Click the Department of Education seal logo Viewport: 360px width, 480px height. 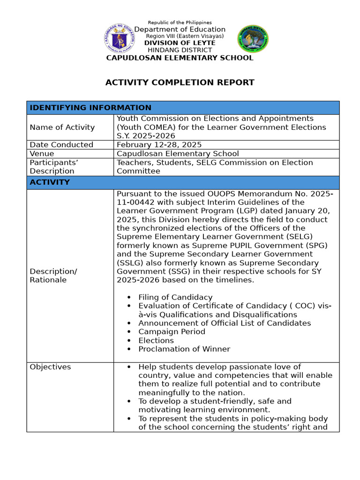119,39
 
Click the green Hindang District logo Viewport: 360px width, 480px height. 253,39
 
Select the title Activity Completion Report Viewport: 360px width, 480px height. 180,83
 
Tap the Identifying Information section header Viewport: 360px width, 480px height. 90,108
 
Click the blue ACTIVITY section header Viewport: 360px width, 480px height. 50,182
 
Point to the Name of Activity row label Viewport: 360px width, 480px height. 62,127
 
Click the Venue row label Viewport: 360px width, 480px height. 42,154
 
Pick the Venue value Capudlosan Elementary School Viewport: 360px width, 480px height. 178,154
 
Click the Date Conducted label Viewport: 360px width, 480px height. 61,145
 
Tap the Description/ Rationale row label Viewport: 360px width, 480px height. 53,276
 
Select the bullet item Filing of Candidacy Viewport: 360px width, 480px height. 175,297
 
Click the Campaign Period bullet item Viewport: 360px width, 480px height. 172,331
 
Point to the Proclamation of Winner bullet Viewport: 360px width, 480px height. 184,349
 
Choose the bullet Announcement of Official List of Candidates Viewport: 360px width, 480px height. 224,323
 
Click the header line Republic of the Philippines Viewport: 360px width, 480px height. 180,22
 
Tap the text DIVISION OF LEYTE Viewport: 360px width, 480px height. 180,43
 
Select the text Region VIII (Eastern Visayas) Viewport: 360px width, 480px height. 185,36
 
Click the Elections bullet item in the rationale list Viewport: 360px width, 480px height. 156,340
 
